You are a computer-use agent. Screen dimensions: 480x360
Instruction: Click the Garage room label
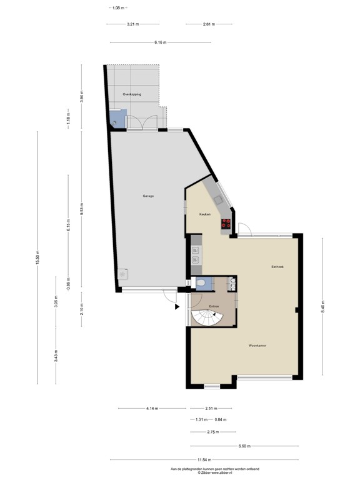pos(147,196)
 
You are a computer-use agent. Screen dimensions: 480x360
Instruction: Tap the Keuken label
pos(204,214)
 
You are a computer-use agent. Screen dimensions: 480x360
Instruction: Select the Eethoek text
pos(277,267)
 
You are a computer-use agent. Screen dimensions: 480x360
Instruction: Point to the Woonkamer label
pos(257,345)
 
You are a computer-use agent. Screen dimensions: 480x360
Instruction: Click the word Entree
pos(214,306)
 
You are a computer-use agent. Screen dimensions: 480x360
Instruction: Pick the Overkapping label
pos(132,94)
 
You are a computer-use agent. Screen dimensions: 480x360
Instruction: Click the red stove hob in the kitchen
pos(226,226)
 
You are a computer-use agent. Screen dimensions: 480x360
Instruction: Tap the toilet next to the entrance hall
pos(200,284)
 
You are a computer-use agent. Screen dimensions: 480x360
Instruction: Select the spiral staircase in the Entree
pos(206,318)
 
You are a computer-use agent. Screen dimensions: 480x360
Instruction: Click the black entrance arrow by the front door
pos(177,307)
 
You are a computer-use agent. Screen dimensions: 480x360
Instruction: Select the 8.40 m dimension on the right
pos(322,307)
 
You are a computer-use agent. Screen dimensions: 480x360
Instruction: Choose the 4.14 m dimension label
pos(152,409)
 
